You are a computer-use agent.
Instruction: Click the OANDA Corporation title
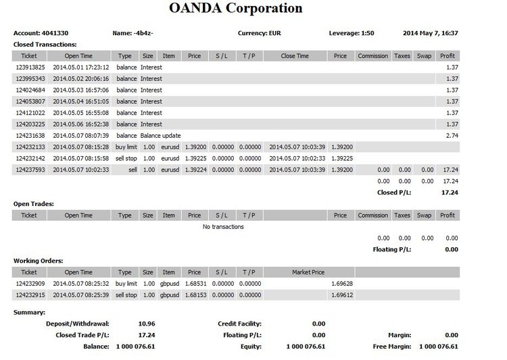234,9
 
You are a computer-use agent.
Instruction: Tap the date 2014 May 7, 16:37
430,32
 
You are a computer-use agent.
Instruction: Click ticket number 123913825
30,68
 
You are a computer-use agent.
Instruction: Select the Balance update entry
160,136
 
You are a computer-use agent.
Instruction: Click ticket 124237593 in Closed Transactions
30,170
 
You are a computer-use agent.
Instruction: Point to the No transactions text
223,227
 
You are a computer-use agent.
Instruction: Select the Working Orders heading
39,261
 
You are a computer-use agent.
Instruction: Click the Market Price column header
308,272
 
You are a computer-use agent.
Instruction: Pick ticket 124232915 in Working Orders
30,296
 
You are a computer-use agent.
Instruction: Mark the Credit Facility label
239,324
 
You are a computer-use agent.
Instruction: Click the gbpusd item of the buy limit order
169,284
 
